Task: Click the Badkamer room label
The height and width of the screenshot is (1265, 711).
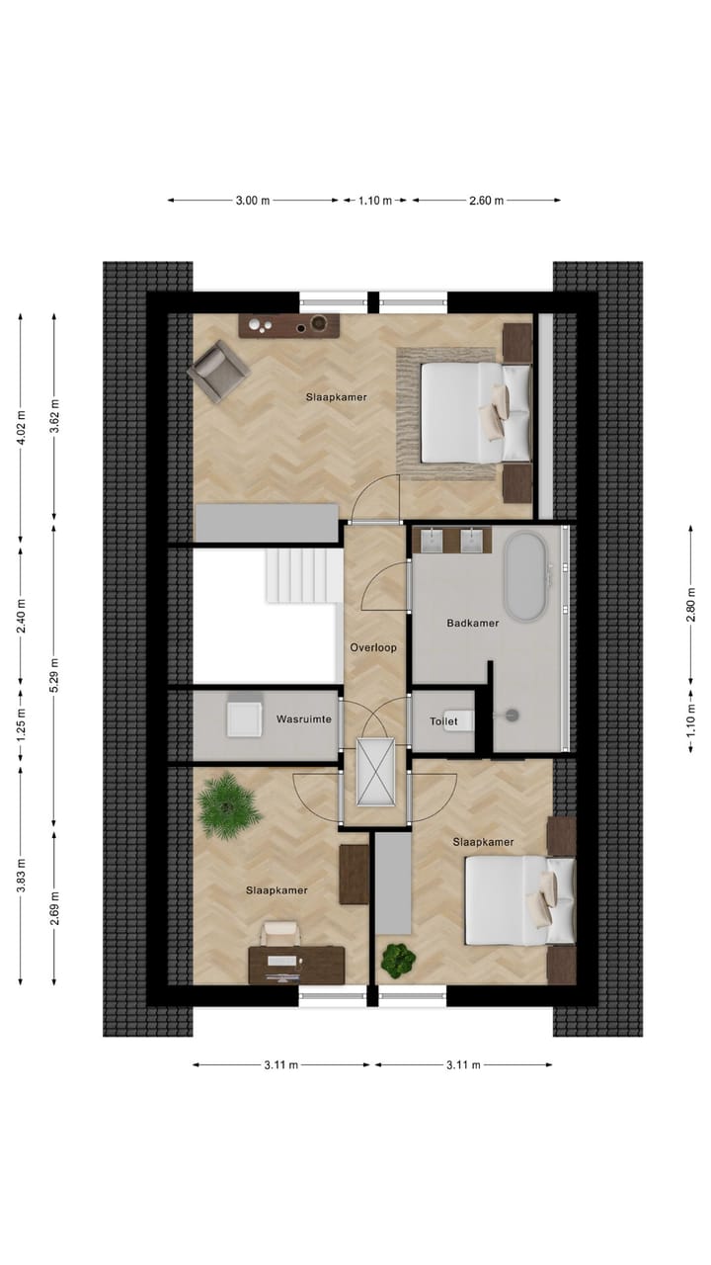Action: tap(472, 624)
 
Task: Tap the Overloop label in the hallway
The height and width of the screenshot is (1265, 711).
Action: tap(373, 648)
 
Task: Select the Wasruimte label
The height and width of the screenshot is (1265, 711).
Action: tap(302, 719)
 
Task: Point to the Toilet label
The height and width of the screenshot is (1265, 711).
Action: tap(443, 722)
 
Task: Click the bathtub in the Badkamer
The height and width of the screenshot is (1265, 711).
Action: tap(523, 577)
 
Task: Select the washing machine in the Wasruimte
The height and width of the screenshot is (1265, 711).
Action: tap(243, 718)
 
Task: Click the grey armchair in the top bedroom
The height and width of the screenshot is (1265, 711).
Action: tap(219, 371)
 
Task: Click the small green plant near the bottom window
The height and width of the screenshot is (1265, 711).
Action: tap(397, 959)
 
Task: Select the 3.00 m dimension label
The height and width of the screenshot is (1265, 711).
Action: tap(253, 201)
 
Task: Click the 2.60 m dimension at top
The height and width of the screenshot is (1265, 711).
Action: tap(486, 201)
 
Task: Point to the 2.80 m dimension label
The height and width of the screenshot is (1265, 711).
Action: tap(692, 610)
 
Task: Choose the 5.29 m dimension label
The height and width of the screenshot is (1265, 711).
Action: tap(55, 674)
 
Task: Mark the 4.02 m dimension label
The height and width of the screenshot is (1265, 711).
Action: tap(21, 426)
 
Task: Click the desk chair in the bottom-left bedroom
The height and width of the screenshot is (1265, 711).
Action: tap(281, 934)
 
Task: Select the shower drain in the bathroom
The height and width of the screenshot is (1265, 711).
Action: tap(513, 712)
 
